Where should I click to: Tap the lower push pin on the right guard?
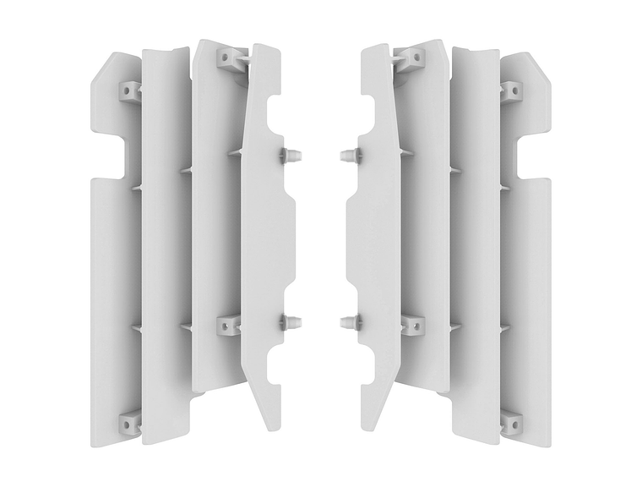point(351,321)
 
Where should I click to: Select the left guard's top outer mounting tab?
point(129,89)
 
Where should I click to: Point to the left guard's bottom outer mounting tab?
point(129,420)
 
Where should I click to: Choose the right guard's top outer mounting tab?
point(512,89)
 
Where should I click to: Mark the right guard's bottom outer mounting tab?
point(512,420)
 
